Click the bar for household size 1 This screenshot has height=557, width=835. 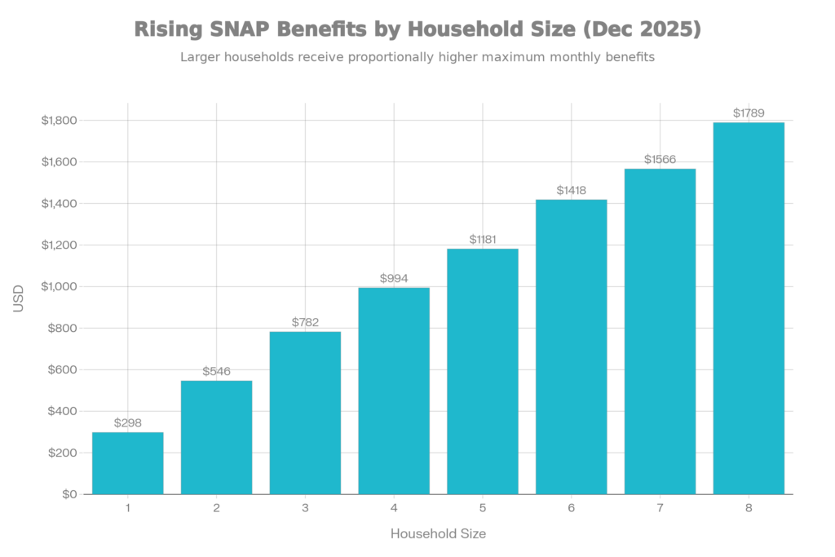(x=128, y=462)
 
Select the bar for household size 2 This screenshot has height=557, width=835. (x=217, y=437)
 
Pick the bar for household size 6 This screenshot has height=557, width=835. (x=571, y=346)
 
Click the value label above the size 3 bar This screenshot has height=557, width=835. (x=305, y=322)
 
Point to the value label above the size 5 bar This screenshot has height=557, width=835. (x=483, y=240)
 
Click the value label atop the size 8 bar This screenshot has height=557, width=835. (x=749, y=113)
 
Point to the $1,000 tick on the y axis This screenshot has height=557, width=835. (x=60, y=287)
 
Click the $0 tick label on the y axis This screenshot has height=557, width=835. (x=69, y=494)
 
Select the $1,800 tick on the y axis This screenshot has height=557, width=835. (x=60, y=121)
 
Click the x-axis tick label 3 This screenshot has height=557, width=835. (x=305, y=508)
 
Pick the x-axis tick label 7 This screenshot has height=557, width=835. (x=660, y=508)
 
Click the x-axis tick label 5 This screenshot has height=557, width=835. (x=483, y=508)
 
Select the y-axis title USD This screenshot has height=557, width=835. (x=18, y=298)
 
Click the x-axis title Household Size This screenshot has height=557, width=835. (x=439, y=534)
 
